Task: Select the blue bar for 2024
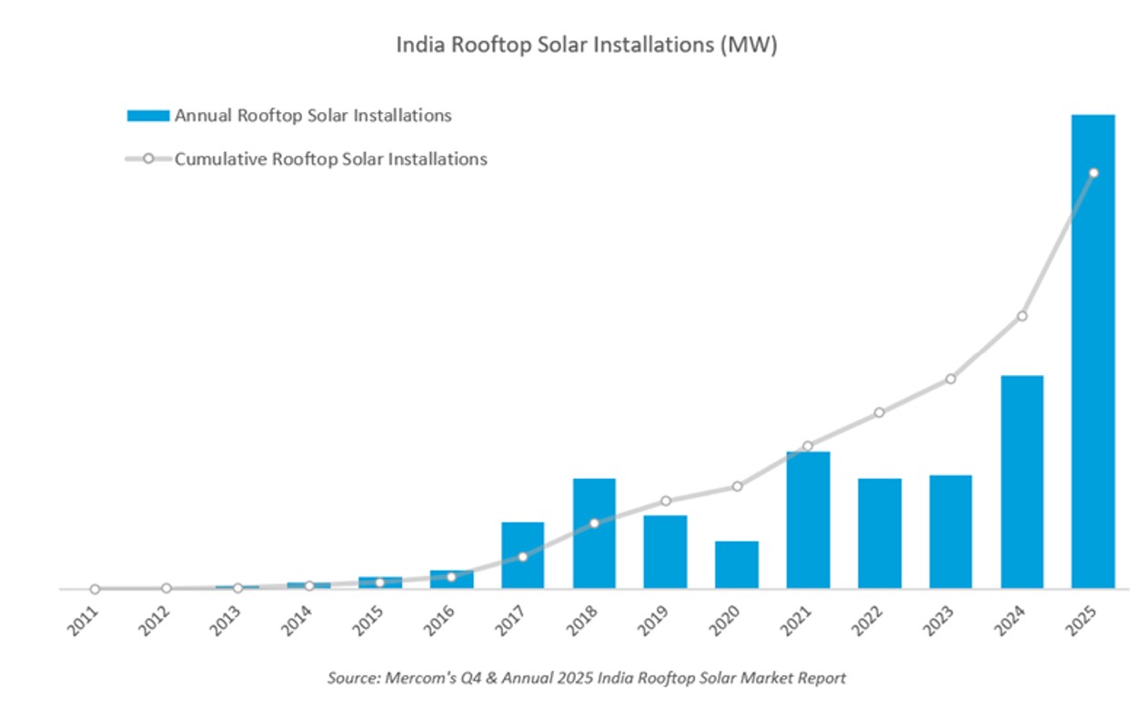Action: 1022,482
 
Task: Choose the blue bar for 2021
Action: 808,520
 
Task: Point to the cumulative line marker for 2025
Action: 1093,173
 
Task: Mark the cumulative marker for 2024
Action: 1022,316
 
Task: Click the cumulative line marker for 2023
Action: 951,379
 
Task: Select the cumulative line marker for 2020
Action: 737,486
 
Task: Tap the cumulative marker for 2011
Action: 95,589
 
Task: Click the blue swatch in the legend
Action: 147,116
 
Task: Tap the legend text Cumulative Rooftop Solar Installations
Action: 331,159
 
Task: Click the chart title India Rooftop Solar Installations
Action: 586,46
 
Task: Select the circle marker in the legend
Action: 148,159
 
